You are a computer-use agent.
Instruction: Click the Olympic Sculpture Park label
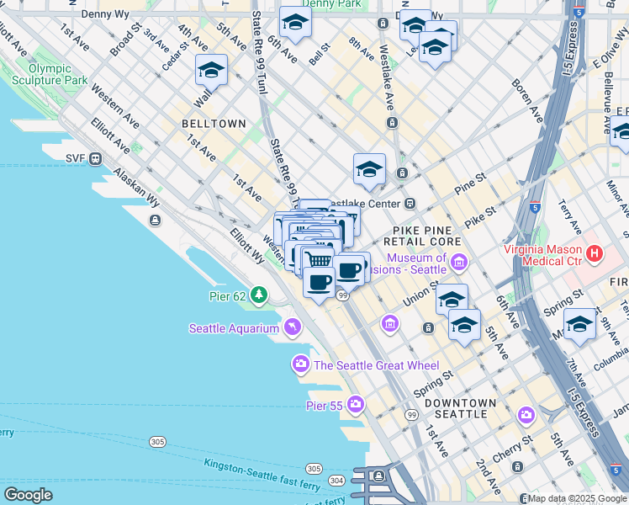point(50,74)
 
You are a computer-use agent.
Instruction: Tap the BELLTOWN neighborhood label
point(214,124)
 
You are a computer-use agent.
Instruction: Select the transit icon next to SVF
point(96,157)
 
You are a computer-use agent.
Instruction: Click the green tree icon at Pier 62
point(260,295)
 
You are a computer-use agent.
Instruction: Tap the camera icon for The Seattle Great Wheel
point(300,364)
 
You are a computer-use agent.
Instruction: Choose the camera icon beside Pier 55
point(356,406)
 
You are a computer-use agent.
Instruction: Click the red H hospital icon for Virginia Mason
point(595,252)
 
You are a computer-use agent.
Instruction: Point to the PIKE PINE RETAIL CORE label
point(427,236)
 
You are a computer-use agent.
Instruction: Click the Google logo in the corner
point(28,495)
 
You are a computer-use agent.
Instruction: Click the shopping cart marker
point(318,258)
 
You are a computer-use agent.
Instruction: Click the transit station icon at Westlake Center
point(410,204)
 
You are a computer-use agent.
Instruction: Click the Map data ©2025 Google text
point(578,498)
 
